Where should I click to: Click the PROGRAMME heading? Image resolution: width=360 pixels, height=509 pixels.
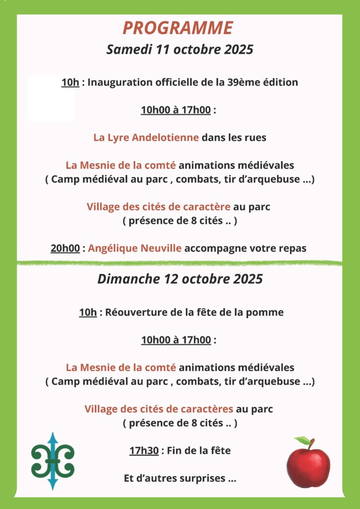(x=178, y=28)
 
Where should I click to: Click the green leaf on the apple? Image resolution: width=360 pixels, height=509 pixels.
(x=302, y=440)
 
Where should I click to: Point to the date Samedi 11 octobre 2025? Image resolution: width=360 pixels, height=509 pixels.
(x=180, y=50)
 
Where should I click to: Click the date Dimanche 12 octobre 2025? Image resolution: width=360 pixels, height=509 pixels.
(x=180, y=279)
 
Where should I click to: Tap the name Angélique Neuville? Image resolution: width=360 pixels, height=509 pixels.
(x=135, y=248)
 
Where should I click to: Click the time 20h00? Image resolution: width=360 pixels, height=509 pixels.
(x=65, y=248)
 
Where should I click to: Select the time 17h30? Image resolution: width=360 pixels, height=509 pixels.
(x=144, y=451)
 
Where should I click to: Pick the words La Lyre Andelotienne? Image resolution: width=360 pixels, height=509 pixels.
(x=146, y=138)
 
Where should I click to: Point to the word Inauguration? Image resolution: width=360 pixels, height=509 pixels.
(x=116, y=82)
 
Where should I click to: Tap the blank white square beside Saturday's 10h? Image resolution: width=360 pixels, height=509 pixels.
(x=51, y=98)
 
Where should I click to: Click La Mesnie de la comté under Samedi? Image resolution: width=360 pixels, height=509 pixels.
(x=121, y=165)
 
